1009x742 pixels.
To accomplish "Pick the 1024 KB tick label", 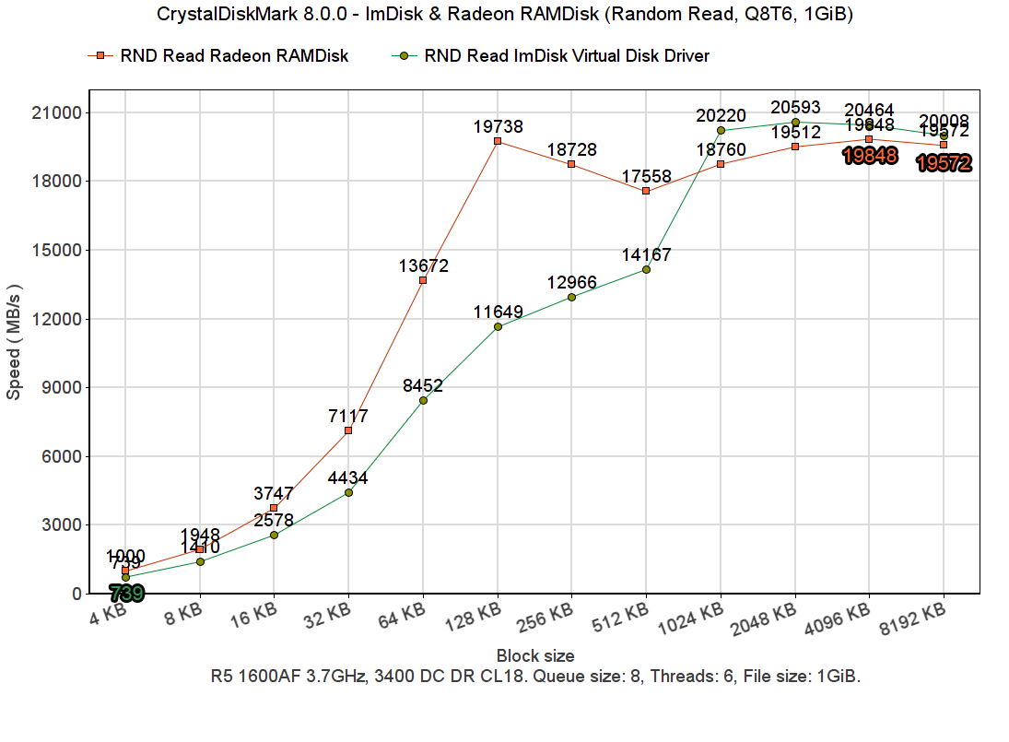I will [693, 617].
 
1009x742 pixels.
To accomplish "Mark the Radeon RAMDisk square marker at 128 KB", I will [498, 141].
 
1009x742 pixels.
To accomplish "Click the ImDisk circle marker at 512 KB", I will [646, 269].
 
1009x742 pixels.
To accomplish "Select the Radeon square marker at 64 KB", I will [423, 280].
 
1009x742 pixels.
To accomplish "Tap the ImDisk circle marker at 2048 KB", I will [795, 122].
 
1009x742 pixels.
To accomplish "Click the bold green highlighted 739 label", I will [126, 594].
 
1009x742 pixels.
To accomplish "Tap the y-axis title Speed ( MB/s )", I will [14, 341].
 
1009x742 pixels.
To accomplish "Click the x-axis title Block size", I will [535, 656].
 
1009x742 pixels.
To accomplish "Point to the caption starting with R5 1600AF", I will [535, 677].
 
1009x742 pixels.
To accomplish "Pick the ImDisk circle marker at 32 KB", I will [348, 492].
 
